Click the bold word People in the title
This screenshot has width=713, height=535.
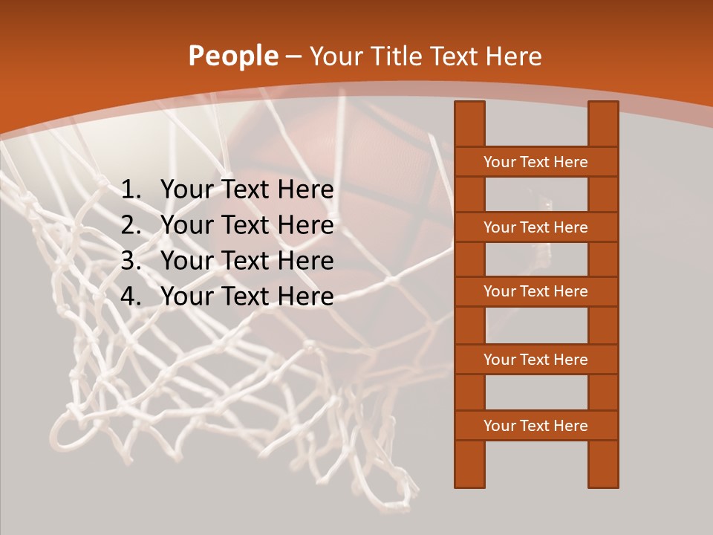click(232, 56)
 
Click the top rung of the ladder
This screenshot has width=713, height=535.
click(535, 162)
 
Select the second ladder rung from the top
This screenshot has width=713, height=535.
click(535, 227)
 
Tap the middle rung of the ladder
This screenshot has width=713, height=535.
click(535, 291)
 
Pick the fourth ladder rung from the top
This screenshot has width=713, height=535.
click(535, 360)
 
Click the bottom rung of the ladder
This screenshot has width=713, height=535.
click(535, 426)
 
